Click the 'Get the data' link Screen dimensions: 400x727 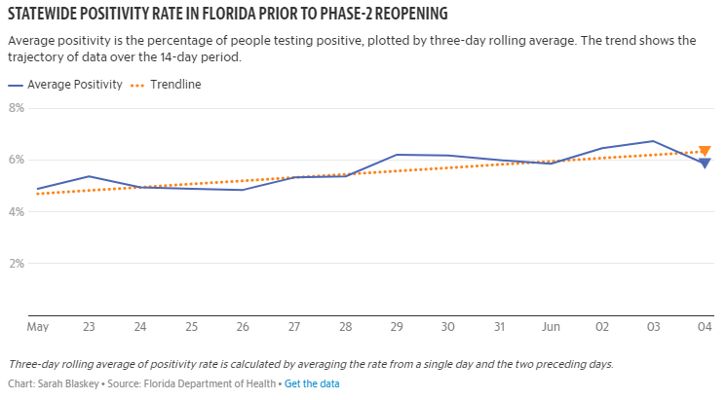pyautogui.click(x=312, y=383)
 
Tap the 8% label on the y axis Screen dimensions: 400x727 pyautogui.click(x=16, y=107)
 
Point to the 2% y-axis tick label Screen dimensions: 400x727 pyautogui.click(x=16, y=263)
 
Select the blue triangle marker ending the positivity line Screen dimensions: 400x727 pyautogui.click(x=705, y=163)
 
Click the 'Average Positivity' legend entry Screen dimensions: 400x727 pyautogui.click(x=74, y=85)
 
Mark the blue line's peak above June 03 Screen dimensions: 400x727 pyautogui.click(x=653, y=141)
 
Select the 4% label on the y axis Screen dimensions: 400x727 pyautogui.click(x=16, y=211)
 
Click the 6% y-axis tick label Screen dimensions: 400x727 pyautogui.click(x=16, y=160)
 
